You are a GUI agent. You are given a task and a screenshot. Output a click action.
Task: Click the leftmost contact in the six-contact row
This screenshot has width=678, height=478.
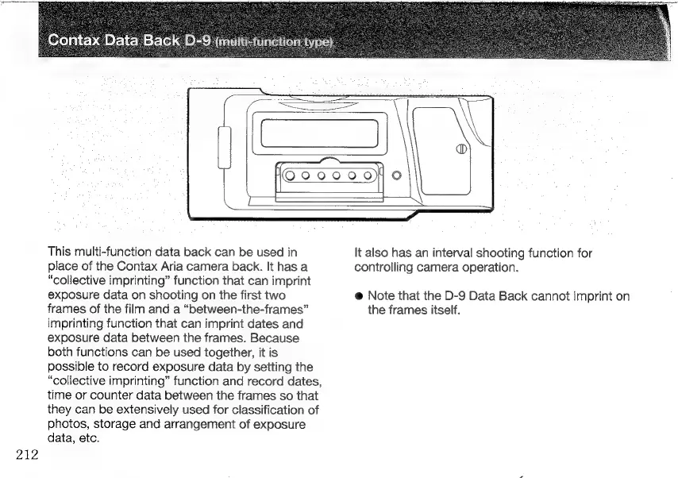(291, 176)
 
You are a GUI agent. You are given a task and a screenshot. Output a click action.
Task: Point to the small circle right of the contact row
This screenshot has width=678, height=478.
(396, 176)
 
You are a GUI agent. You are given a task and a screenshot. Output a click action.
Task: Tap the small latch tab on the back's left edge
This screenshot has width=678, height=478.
(225, 148)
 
